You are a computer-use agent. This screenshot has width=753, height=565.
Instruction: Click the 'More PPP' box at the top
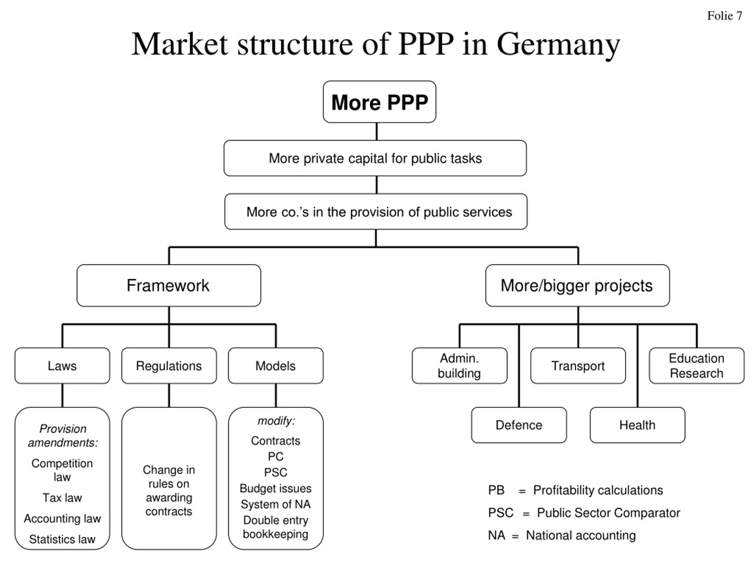pyautogui.click(x=379, y=102)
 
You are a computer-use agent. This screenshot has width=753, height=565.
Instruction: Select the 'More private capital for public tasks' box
pyautogui.click(x=375, y=158)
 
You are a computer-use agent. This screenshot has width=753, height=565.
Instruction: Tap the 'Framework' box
pyautogui.click(x=169, y=285)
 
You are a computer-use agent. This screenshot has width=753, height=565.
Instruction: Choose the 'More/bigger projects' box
pyautogui.click(x=578, y=285)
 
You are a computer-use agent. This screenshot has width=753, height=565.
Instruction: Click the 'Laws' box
pyautogui.click(x=62, y=366)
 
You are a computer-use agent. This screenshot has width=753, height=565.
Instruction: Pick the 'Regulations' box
pyautogui.click(x=169, y=366)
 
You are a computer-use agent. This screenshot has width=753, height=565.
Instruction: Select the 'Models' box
pyautogui.click(x=276, y=366)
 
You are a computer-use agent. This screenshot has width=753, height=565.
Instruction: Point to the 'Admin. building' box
pyautogui.click(x=459, y=366)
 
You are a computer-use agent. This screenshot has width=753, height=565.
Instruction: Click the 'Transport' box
pyautogui.click(x=578, y=366)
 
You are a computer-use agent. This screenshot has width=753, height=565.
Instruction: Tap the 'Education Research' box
pyautogui.click(x=697, y=366)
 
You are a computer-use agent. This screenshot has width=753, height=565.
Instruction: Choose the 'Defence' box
pyautogui.click(x=519, y=425)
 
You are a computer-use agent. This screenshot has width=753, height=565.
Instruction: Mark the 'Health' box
pyautogui.click(x=637, y=425)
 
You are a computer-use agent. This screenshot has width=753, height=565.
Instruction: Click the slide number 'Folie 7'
pyautogui.click(x=724, y=16)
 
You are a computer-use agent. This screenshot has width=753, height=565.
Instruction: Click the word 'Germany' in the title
pyautogui.click(x=558, y=45)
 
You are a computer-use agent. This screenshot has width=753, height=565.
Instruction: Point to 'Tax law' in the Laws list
pyautogui.click(x=62, y=498)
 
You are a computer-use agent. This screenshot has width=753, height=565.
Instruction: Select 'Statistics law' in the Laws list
pyautogui.click(x=62, y=539)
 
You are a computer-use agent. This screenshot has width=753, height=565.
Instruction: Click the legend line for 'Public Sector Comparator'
pyautogui.click(x=584, y=513)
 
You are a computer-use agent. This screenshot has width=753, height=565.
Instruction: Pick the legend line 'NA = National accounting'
pyautogui.click(x=562, y=535)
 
